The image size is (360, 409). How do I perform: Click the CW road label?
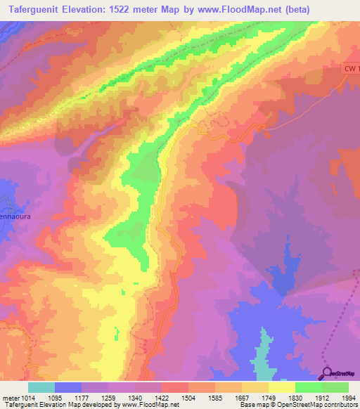point(351,68)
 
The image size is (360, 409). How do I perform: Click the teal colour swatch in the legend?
point(41,387)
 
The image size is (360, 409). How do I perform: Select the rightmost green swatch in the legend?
point(335,387)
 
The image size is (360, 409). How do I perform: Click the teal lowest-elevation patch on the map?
point(263,358)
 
